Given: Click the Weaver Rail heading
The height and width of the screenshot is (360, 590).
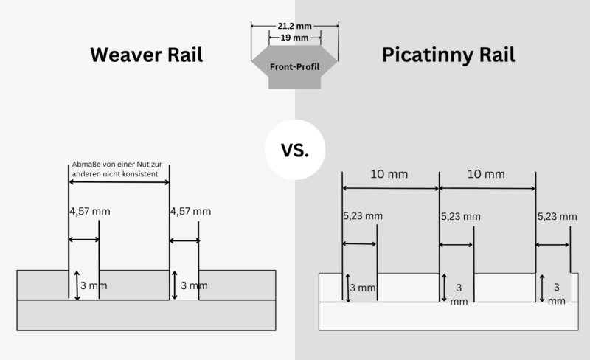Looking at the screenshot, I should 146,55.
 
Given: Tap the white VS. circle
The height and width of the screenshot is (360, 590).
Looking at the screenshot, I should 295,150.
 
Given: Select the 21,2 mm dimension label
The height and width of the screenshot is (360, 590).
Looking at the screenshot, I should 294,24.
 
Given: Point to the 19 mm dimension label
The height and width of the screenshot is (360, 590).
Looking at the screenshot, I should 295,37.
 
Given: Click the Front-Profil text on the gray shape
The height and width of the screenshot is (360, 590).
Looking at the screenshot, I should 294,67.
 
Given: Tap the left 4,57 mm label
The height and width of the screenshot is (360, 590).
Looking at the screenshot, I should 89,212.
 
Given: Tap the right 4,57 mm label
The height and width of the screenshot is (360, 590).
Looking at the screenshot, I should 190,212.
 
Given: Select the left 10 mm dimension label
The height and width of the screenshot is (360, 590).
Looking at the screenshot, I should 389,175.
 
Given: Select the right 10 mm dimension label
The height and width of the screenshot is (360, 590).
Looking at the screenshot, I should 486,175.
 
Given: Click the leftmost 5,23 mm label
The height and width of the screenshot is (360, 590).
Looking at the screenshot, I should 363,217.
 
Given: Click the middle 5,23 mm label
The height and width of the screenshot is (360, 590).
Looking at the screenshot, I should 460,217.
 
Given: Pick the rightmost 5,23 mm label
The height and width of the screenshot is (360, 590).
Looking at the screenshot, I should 557,217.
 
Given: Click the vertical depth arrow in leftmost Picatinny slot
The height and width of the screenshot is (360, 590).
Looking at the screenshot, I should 347,287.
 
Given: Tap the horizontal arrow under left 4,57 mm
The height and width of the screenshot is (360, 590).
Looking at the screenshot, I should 83,240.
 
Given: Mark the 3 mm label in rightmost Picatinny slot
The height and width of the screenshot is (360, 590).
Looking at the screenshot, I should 557,293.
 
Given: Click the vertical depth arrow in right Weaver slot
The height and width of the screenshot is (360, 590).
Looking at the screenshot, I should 175,285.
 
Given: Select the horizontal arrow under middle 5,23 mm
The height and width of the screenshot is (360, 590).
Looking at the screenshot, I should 457,245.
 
